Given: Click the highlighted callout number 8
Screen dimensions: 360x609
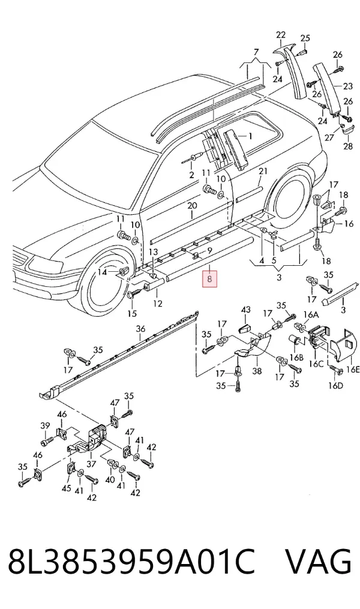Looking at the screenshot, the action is click(209, 279).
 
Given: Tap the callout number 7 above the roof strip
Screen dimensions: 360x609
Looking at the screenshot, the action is click(256, 52).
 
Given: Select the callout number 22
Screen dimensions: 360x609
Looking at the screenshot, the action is click(281, 35).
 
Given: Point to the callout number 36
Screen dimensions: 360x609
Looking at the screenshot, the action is click(140, 329).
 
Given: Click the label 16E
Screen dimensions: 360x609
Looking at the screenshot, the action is click(352, 369).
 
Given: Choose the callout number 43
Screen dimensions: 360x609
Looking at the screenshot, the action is click(246, 310).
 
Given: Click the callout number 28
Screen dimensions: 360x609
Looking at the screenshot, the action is click(348, 146).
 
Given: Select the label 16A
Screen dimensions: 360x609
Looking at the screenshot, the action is click(311, 316).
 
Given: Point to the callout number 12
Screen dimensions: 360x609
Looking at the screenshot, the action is click(157, 304).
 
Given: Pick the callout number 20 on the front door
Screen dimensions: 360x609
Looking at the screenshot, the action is click(192, 205).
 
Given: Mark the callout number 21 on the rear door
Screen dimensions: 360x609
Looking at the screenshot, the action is click(263, 171).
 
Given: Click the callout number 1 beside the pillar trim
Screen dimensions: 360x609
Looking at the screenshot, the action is click(250, 136).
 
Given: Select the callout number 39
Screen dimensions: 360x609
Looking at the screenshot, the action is click(45, 426).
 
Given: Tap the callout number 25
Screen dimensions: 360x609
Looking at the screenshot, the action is click(305, 38).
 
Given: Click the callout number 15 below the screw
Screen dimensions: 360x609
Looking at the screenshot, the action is click(132, 313).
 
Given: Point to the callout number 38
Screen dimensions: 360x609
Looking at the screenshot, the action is click(257, 371).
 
